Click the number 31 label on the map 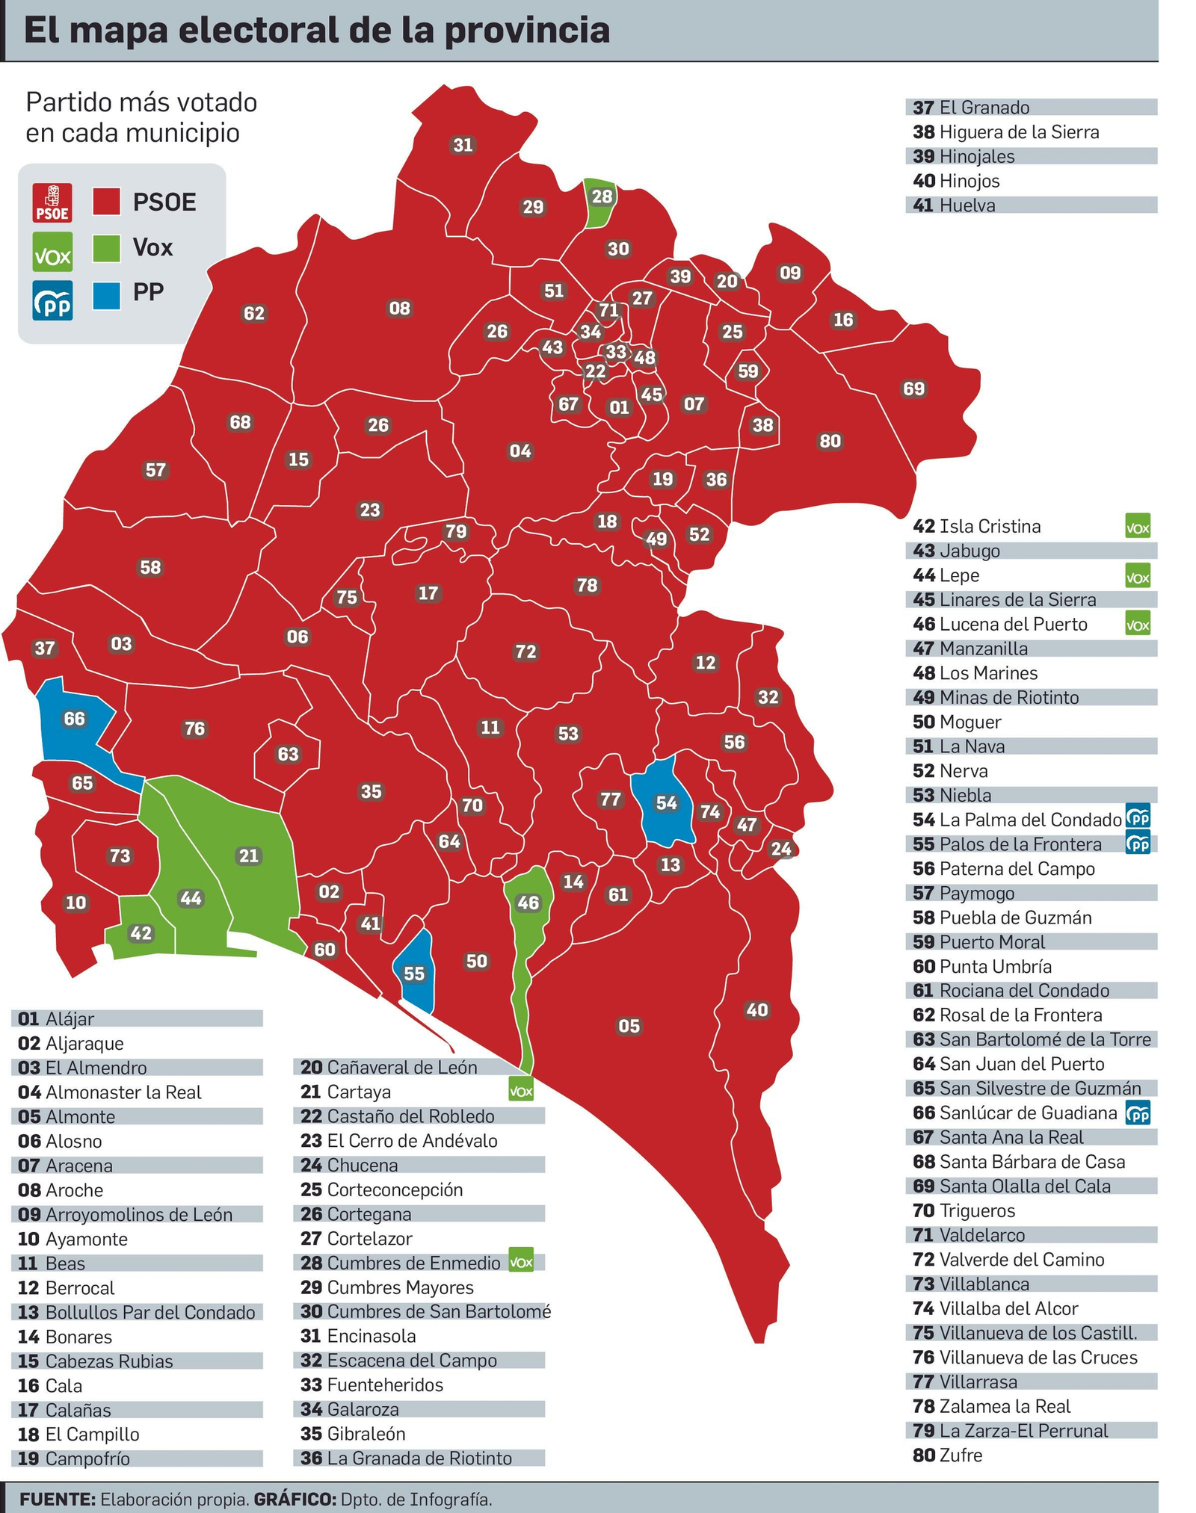463,145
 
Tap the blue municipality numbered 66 74,720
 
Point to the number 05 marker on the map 629,1026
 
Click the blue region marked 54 665,803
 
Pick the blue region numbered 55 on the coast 414,974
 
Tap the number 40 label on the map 757,1010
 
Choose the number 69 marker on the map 913,389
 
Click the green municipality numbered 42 141,933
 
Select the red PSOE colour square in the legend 107,202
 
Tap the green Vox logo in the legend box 52,252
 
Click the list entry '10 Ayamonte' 73,1240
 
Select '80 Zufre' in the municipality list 947,1455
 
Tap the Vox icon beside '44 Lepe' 1137,575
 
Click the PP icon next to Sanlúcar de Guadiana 1137,1113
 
